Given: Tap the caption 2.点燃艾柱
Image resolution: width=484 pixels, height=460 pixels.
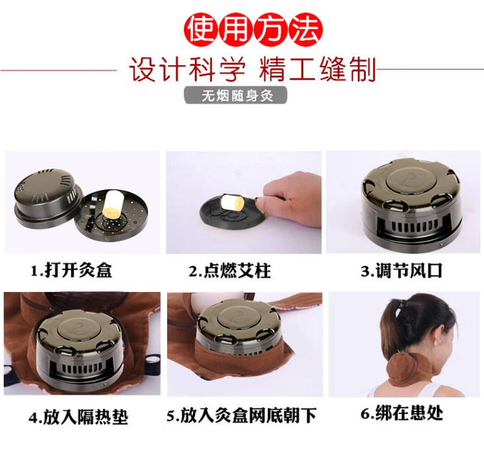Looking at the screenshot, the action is [x=229, y=271].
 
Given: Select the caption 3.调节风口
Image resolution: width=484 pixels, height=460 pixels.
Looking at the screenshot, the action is [x=402, y=271].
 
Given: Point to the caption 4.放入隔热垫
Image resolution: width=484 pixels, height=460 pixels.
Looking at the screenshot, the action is [x=78, y=417].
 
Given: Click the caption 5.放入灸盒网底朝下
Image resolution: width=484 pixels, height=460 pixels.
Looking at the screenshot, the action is [x=242, y=416].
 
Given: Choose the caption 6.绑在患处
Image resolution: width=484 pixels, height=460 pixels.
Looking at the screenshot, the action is [x=402, y=414].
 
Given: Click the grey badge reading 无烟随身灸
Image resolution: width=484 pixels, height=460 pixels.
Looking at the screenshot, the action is [x=236, y=96].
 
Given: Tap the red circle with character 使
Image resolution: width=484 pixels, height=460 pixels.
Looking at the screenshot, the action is [x=202, y=30].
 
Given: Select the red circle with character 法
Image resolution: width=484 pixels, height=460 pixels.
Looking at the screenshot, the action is [x=305, y=30].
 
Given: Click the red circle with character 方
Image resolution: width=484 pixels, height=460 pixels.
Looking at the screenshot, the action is [x=271, y=30].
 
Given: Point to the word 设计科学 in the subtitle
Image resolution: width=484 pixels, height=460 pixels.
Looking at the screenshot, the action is [x=188, y=68].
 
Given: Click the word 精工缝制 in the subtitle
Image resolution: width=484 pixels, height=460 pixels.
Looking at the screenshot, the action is [x=318, y=68].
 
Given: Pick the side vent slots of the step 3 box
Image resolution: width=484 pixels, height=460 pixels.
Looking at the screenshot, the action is [x=411, y=228].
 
